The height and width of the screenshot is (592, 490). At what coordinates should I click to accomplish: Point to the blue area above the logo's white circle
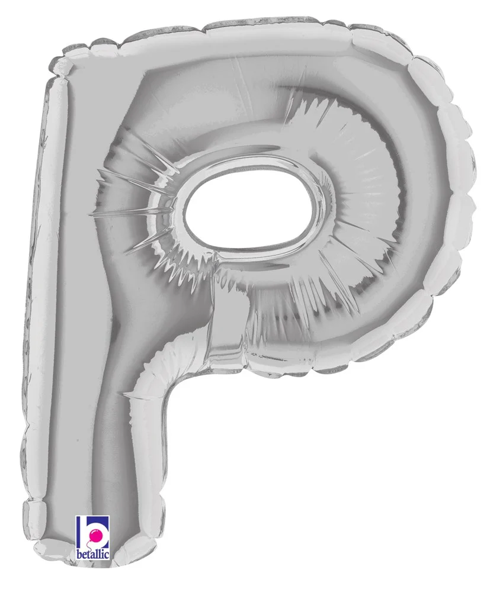click(x=97, y=519)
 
